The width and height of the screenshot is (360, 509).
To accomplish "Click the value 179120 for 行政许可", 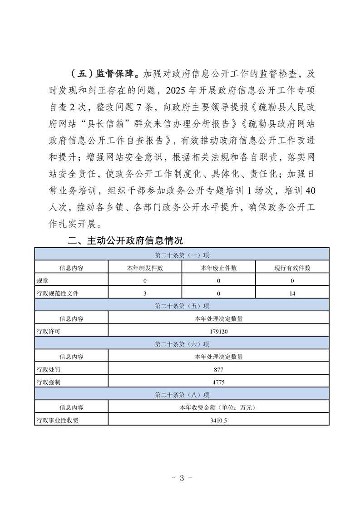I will pos(218,331).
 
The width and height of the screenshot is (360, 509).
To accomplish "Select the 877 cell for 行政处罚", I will pos(218,369).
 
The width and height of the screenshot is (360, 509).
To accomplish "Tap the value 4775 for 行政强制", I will pos(218,382).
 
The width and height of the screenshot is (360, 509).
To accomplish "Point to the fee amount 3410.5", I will pos(218,420).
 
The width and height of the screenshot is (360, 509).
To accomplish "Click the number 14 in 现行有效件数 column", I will pos(292,293).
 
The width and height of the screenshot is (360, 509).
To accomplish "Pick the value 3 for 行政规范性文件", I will pos(145,293).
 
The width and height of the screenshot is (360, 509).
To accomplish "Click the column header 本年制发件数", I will pos(145,268).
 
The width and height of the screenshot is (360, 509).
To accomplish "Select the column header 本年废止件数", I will pos(218,268).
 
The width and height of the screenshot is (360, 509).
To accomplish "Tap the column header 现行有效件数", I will pos(292,268).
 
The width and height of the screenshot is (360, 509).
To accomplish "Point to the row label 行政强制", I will pos(49,382).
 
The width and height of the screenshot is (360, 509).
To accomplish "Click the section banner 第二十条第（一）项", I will pos(182,255).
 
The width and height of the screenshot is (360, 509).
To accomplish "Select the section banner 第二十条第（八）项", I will pos(182,395).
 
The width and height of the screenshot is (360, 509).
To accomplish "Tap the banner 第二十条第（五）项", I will pos(182,306).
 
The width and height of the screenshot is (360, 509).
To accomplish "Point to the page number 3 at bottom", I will pos(181,478).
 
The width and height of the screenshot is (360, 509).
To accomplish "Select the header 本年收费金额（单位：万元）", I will pos(218,407).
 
